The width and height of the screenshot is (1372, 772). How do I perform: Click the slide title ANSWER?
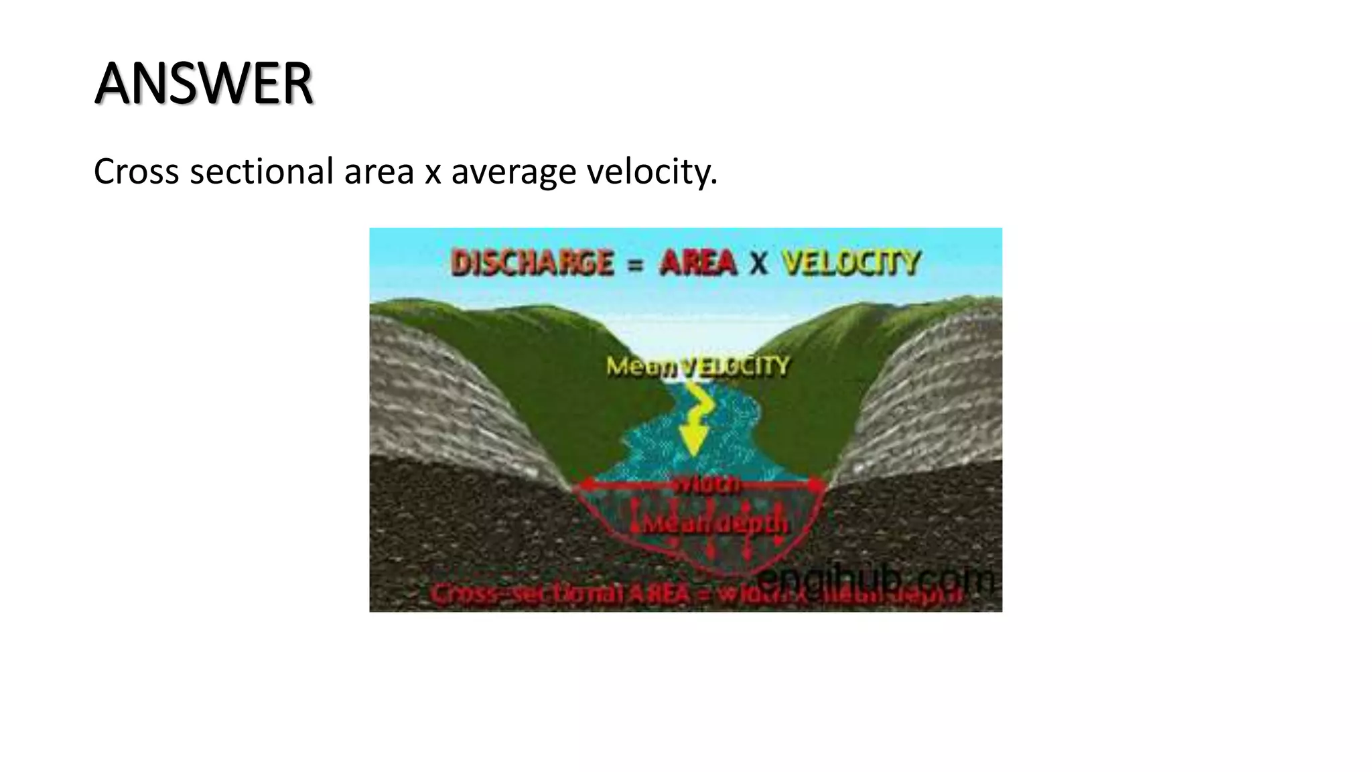(204, 84)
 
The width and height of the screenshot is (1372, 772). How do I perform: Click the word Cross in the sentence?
(137, 172)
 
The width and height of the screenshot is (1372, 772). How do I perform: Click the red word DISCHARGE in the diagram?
(533, 263)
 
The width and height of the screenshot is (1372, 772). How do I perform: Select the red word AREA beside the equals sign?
(697, 263)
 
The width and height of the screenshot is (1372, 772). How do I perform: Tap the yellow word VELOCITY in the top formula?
(851, 263)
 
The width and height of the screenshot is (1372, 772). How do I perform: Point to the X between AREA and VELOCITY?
(758, 263)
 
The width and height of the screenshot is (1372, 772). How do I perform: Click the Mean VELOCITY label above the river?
(697, 367)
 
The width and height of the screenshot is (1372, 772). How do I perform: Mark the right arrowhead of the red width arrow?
(817, 485)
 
